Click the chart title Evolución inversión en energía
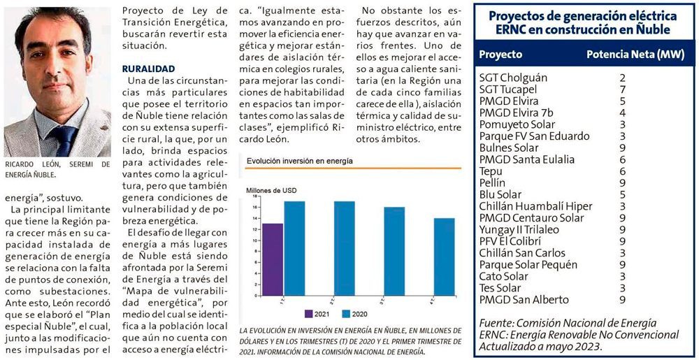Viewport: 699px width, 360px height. (x=299, y=161)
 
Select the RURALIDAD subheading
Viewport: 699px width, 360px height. (x=148, y=69)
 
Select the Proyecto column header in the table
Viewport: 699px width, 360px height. (x=500, y=54)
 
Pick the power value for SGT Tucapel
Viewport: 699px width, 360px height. (x=621, y=89)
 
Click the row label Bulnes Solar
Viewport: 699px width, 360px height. (x=509, y=147)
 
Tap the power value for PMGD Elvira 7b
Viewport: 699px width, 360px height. (x=621, y=113)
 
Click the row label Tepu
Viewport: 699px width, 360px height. (x=491, y=171)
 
